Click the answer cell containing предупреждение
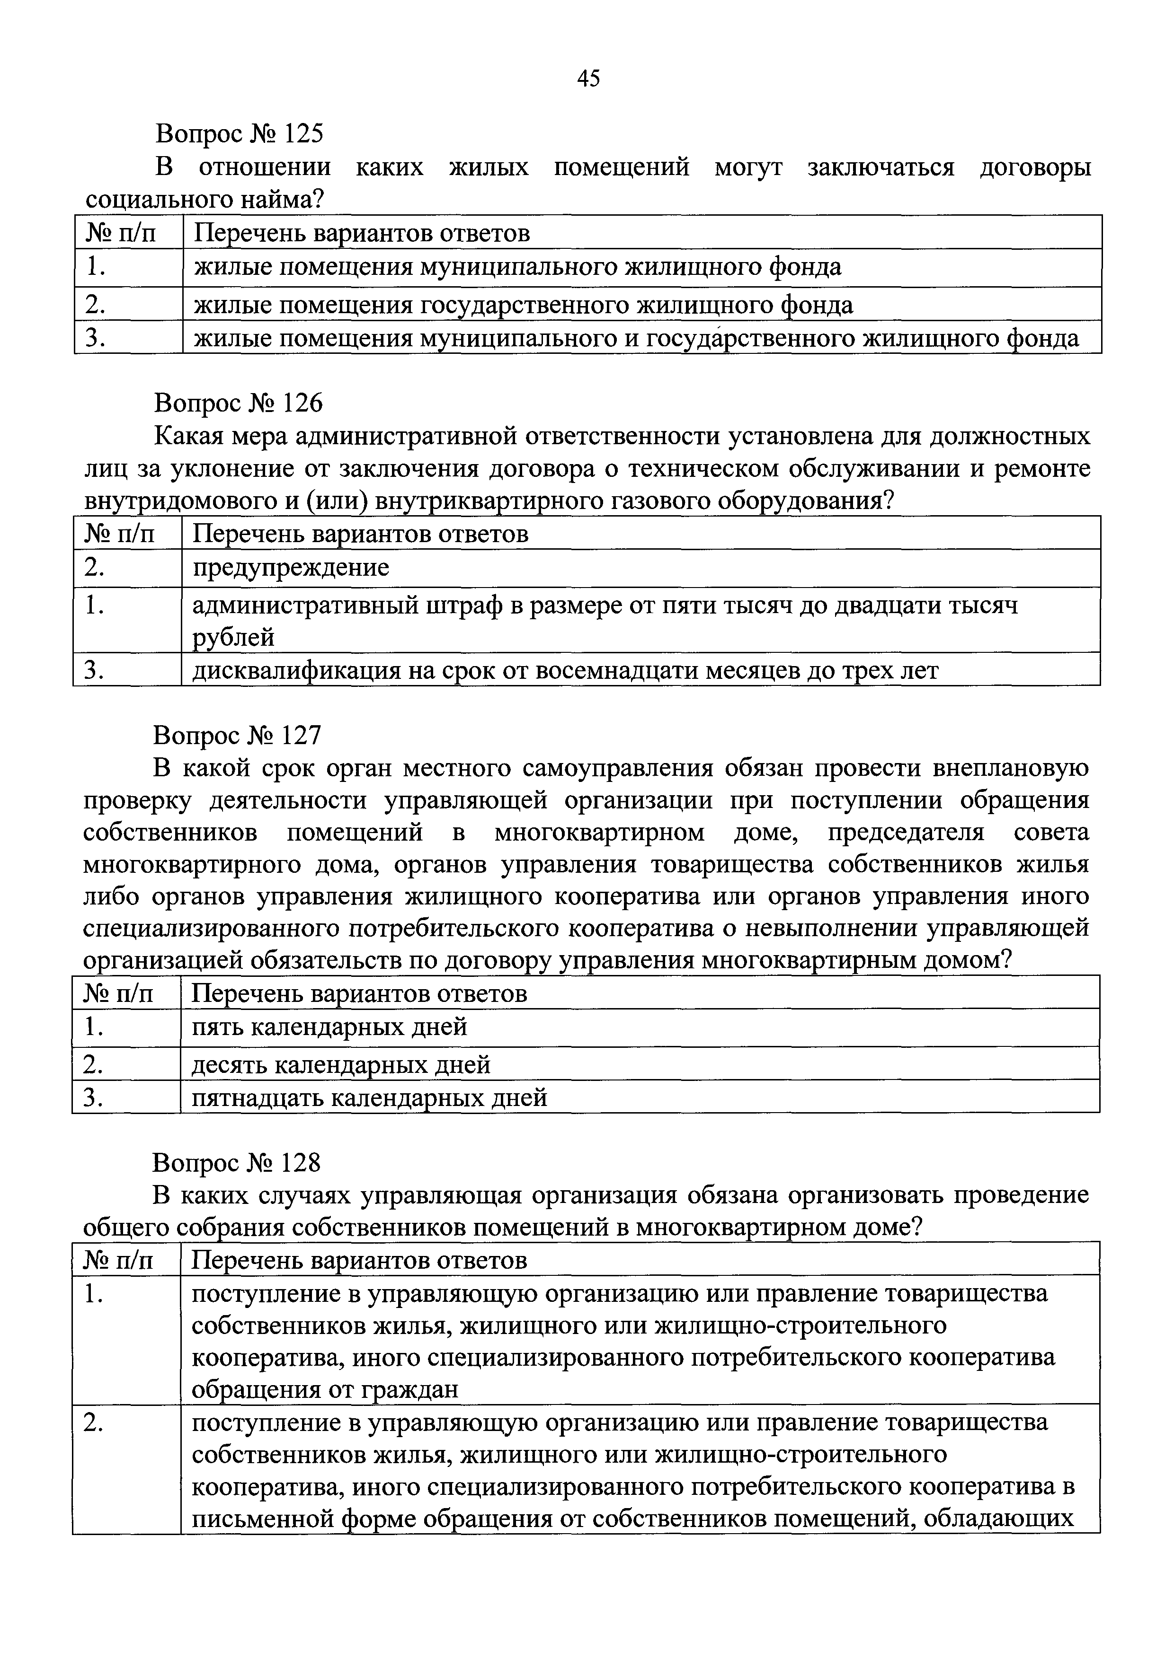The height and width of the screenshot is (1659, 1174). click(291, 568)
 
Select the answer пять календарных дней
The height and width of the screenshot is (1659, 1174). click(329, 1027)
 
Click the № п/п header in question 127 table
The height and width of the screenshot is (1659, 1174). click(118, 993)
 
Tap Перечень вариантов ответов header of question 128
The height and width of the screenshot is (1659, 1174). click(358, 1260)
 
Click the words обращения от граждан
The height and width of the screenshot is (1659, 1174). click(325, 1389)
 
